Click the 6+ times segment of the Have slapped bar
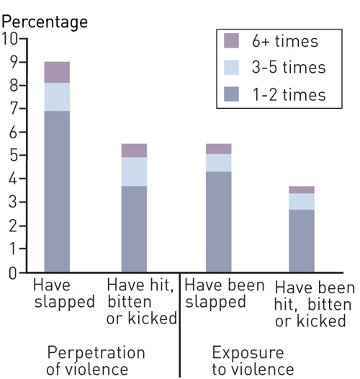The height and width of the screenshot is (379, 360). point(57,72)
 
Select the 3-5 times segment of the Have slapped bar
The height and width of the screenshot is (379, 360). point(57,97)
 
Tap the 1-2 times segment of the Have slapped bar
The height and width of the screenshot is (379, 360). point(57,191)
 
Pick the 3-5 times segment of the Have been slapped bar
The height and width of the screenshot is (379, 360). point(218,163)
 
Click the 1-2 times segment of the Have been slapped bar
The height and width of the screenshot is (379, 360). point(218,222)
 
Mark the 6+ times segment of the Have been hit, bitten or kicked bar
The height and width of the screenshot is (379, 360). point(301,189)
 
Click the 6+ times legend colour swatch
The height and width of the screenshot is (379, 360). point(231,41)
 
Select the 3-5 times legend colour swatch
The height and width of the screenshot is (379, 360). point(231,68)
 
